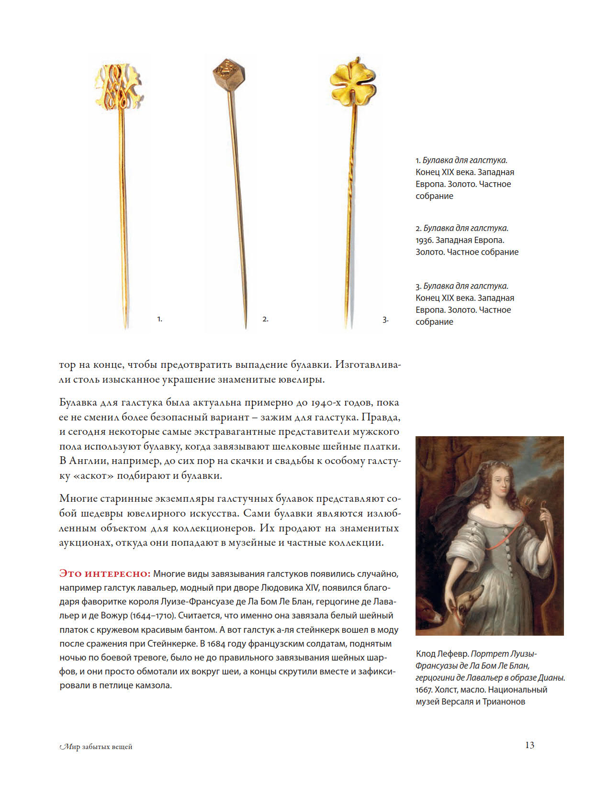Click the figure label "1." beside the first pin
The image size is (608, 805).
click(x=160, y=319)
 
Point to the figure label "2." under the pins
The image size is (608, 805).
click(x=265, y=319)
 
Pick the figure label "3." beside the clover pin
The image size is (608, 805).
click(x=385, y=319)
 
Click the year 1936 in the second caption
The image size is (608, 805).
click(x=424, y=240)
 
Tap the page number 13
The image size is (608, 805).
click(x=529, y=745)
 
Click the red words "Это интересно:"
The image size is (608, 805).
click(x=105, y=573)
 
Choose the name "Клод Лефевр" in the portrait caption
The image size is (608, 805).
click(x=442, y=654)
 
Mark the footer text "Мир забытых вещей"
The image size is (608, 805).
click(x=96, y=747)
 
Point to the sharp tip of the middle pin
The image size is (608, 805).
click(x=246, y=327)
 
